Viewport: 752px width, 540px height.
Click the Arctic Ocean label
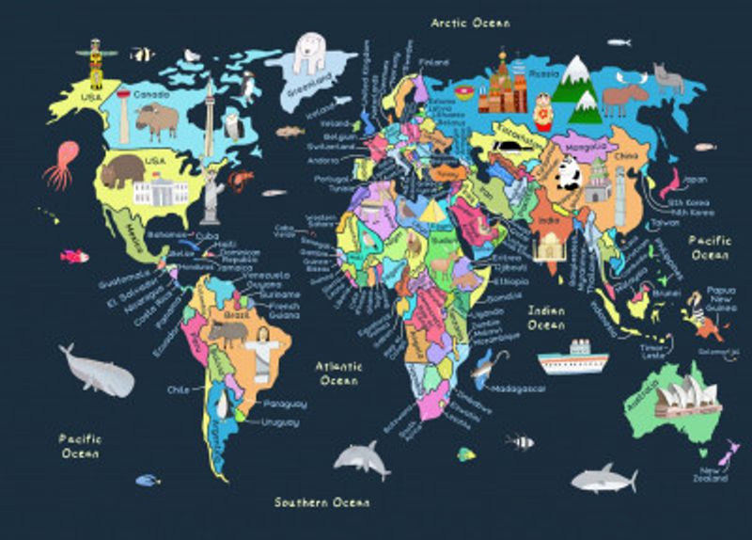(x=470, y=22)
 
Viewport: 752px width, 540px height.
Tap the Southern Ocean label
(x=321, y=501)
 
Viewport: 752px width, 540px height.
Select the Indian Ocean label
(x=546, y=317)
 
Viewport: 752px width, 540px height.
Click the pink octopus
(x=62, y=164)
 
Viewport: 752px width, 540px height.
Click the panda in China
(x=567, y=172)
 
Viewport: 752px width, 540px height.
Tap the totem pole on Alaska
(x=95, y=64)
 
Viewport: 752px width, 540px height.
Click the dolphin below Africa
(x=362, y=458)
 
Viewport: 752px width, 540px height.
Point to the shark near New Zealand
(x=603, y=478)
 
